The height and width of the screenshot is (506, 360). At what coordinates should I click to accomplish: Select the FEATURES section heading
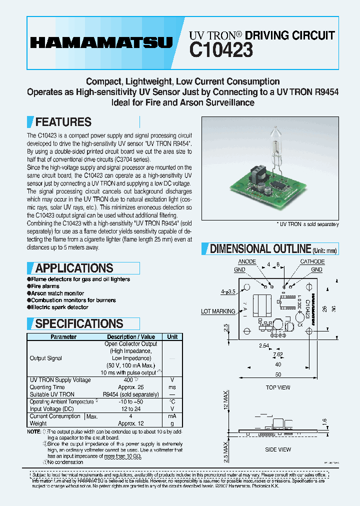pyautogui.click(x=63, y=122)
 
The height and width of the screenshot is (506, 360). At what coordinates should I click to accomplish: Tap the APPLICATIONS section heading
pyautogui.click(x=74, y=268)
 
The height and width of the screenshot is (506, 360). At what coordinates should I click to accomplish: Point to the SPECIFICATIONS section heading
pyautogui.click(x=79, y=323)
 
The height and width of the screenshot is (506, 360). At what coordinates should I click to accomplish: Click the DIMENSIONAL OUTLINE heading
pyautogui.click(x=260, y=248)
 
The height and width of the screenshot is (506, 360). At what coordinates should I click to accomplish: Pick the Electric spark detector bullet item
pyautogui.click(x=59, y=307)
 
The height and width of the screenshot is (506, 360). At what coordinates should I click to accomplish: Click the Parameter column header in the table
pyautogui.click(x=63, y=337)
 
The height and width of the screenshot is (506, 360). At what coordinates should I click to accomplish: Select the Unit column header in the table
pyautogui.click(x=172, y=337)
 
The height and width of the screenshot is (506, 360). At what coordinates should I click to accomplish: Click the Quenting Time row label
pyautogui.click(x=47, y=387)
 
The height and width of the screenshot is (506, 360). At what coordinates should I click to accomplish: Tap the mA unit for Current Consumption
pyautogui.click(x=172, y=416)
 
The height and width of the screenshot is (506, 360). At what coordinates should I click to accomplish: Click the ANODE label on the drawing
pyautogui.click(x=247, y=262)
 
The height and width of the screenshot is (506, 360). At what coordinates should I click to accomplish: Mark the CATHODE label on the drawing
pyautogui.click(x=312, y=262)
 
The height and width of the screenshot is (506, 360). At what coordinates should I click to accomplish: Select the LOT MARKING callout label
pyautogui.click(x=218, y=311)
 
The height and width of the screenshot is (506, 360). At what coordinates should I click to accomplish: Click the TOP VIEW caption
pyautogui.click(x=278, y=387)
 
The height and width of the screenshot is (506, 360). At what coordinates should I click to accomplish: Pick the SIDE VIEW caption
pyautogui.click(x=278, y=449)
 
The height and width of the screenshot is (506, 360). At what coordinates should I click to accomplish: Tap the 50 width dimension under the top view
pyautogui.click(x=278, y=374)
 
